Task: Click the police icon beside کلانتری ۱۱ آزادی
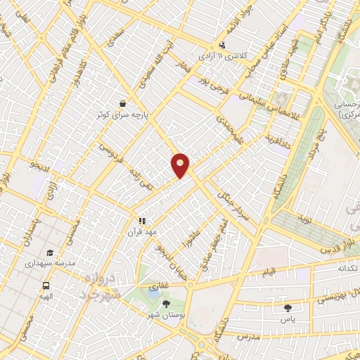click(222, 45)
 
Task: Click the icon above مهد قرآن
click(142, 220)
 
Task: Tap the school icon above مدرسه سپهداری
click(49, 252)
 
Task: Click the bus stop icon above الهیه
click(46, 286)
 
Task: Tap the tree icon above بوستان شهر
click(165, 304)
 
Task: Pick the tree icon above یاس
click(287, 308)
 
